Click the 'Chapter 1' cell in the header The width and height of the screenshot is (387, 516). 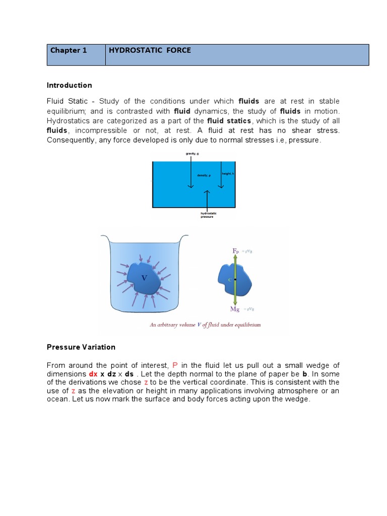[x=65, y=50]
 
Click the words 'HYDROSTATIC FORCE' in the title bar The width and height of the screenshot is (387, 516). [x=150, y=50]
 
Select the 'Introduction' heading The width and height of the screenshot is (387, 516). [x=70, y=85]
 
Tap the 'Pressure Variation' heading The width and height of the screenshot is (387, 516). [x=81, y=347]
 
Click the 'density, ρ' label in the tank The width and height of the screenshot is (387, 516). [x=204, y=175]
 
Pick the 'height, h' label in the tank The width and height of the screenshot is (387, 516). [x=228, y=173]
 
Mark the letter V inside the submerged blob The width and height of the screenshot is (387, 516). [x=144, y=278]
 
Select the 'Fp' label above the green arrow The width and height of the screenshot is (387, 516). [x=235, y=250]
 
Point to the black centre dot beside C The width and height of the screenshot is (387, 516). [x=235, y=279]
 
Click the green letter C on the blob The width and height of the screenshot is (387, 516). [x=230, y=279]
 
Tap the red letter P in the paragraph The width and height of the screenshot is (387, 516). [x=175, y=365]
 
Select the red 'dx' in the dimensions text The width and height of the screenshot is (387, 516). [x=93, y=374]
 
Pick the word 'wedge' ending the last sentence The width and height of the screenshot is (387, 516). [x=299, y=400]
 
